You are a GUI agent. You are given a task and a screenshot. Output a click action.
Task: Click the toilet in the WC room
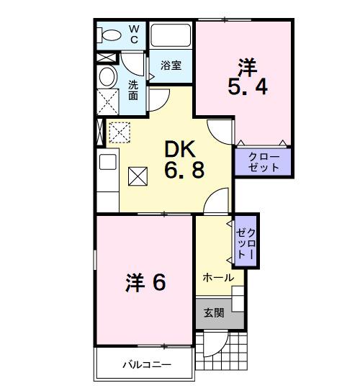[111, 35]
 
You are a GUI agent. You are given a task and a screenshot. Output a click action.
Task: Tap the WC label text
[134, 35]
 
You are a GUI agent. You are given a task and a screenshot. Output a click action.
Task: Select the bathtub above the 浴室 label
[171, 35]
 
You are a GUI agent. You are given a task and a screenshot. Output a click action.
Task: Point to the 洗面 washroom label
[134, 89]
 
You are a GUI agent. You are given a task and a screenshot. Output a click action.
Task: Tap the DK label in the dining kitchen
[180, 150]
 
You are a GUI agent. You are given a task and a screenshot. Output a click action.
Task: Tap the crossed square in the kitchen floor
[137, 175]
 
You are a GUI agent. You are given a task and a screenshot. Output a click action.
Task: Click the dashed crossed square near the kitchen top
[118, 132]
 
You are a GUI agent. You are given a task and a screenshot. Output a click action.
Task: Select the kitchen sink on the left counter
[107, 162]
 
